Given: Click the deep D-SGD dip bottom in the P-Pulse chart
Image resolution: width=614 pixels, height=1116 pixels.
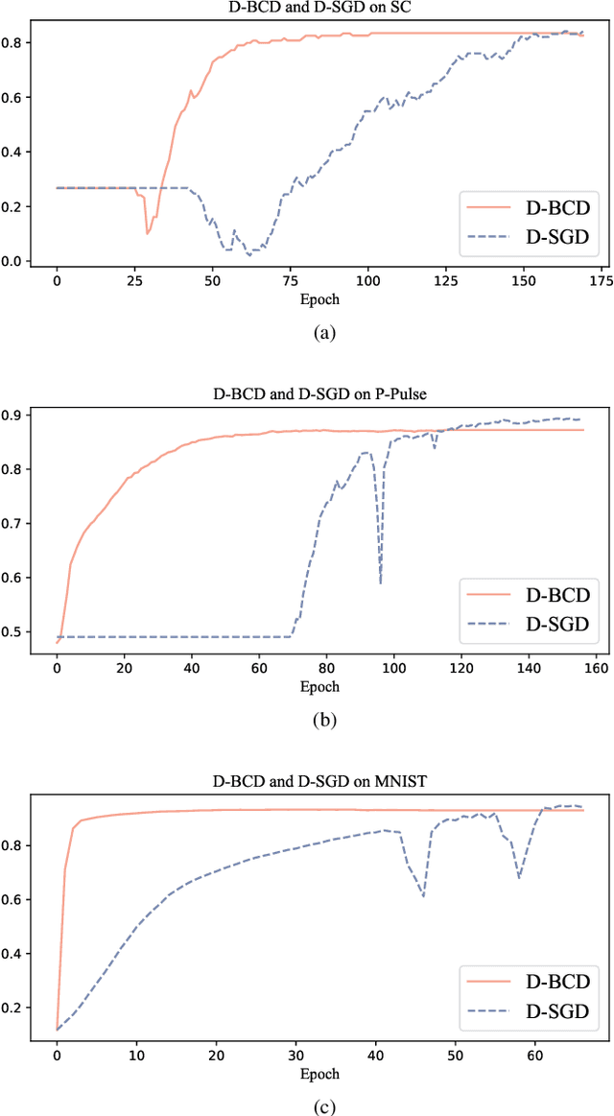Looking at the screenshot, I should (x=381, y=582).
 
